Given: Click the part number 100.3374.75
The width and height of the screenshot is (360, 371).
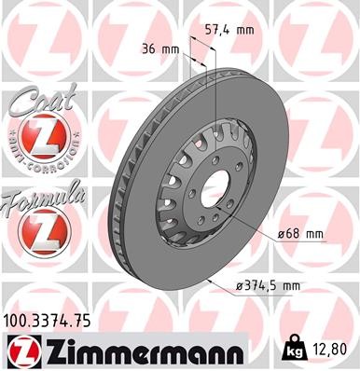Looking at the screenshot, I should [48, 323].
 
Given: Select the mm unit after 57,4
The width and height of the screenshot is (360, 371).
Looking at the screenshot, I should [244, 30].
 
